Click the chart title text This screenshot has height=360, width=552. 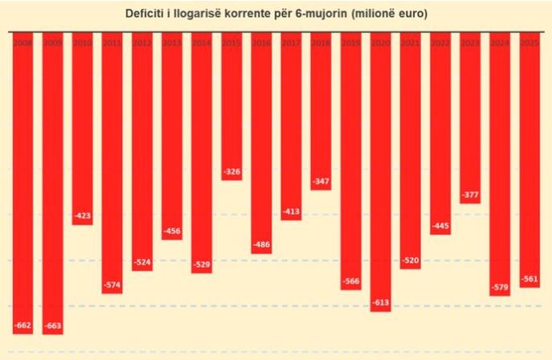click(x=276, y=14)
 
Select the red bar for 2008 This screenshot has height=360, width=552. click(x=23, y=177)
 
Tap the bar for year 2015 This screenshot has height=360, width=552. click(x=232, y=105)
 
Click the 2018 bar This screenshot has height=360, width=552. click(x=321, y=113)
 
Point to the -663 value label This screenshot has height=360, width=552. click(x=53, y=325)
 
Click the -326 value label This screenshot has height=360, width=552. click(x=232, y=172)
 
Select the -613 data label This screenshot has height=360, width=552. click(x=381, y=302)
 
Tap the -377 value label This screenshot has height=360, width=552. click(x=470, y=194)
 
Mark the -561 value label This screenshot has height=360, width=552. click(x=529, y=279)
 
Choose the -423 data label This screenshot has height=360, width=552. click(x=83, y=216)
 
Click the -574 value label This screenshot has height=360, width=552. click(x=113, y=284)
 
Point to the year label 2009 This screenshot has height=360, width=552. click(x=53, y=42)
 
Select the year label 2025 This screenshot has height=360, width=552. click(x=529, y=42)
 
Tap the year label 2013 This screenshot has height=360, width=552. click(x=172, y=42)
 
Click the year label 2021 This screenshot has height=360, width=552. click(x=410, y=42)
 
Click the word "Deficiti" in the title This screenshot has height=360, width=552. click(x=146, y=14)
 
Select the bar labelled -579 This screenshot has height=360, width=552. click(x=500, y=161)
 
